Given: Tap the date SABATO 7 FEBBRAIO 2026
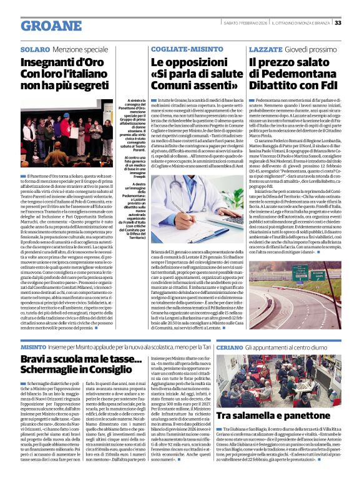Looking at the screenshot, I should click(x=256, y=23).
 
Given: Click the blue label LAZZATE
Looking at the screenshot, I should click(x=265, y=49).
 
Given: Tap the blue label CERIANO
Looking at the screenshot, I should click(x=230, y=346).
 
